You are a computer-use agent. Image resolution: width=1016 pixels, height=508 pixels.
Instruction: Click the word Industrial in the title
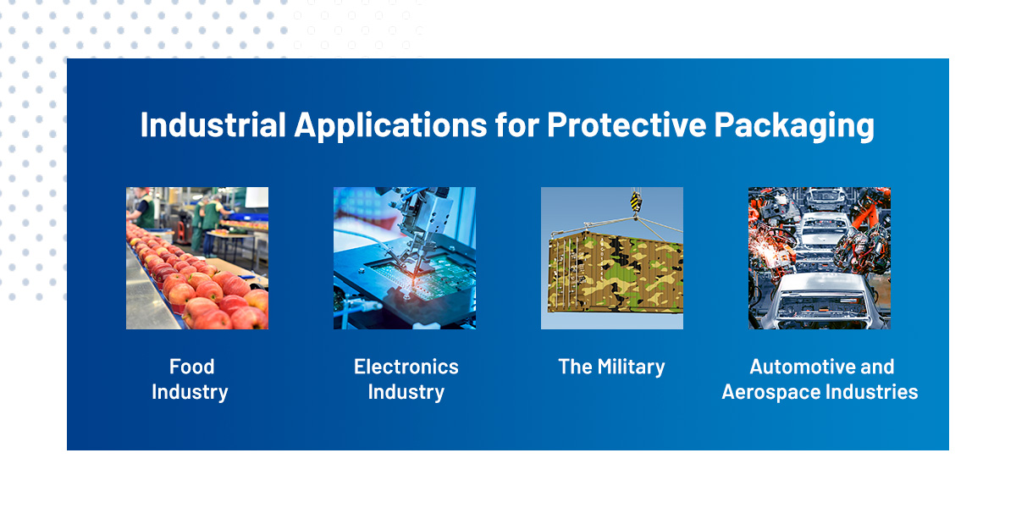(213, 125)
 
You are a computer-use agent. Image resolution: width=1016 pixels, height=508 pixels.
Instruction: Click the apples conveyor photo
(197, 258)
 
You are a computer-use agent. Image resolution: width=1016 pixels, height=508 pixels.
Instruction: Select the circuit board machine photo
(405, 258)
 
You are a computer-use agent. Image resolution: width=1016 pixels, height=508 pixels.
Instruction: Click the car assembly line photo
(819, 258)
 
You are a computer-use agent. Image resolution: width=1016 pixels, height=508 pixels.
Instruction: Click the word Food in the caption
(191, 367)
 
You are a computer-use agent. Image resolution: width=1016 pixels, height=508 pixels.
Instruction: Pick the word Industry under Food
(190, 392)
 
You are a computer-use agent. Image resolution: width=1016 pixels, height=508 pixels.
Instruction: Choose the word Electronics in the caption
(406, 367)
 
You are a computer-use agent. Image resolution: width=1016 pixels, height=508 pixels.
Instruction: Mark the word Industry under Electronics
(406, 392)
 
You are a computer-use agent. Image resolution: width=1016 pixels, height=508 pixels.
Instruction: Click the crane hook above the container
(635, 202)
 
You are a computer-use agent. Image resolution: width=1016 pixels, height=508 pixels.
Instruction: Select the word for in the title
(515, 125)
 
